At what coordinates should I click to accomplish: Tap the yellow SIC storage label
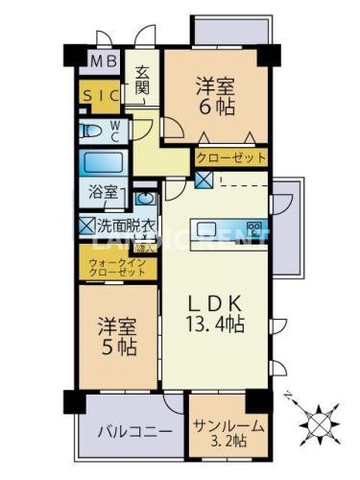coord(100,96)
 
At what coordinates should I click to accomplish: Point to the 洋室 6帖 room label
coord(216,94)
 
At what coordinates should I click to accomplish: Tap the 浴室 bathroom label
coord(105,192)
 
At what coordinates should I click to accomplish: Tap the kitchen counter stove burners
coord(254,228)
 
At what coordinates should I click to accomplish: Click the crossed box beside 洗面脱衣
coord(86,227)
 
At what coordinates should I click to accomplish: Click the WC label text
coord(113,129)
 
